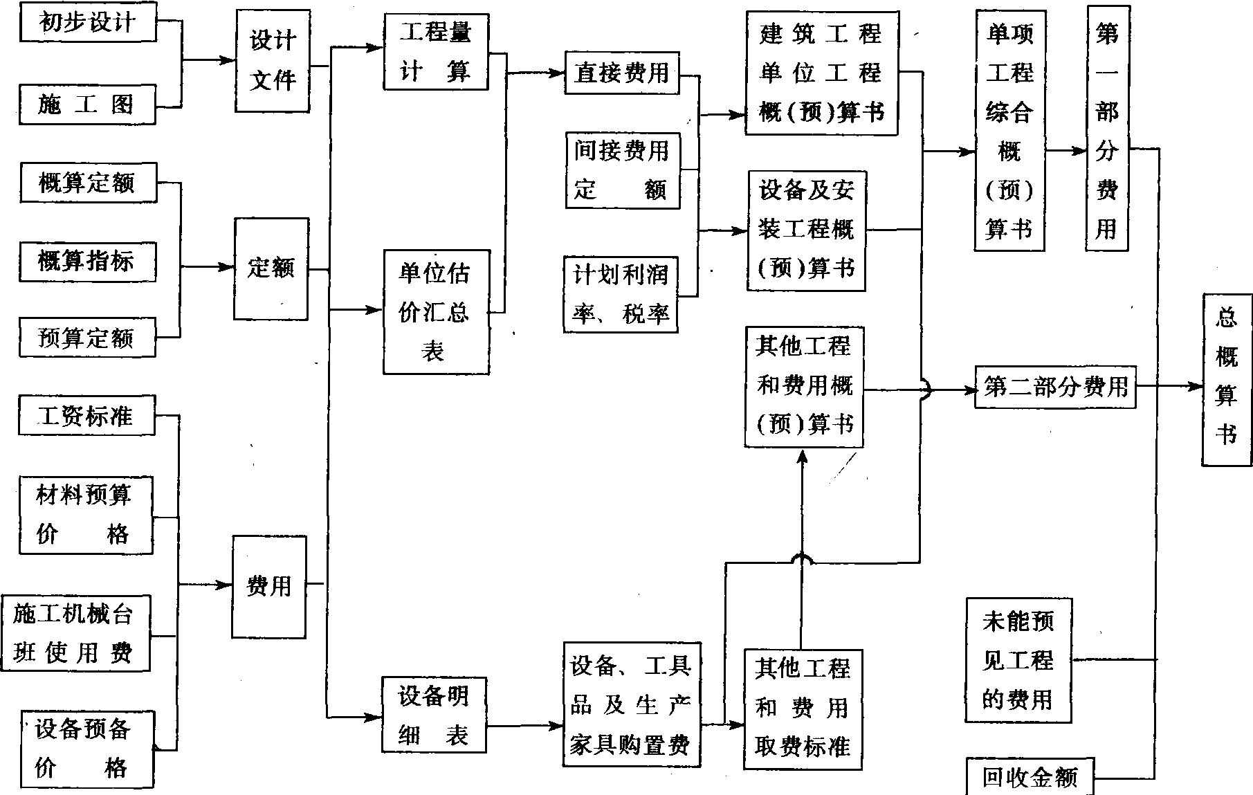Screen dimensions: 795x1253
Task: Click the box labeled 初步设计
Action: [x=87, y=23]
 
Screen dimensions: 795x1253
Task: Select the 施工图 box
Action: [x=87, y=104]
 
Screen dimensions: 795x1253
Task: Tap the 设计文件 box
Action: [x=272, y=61]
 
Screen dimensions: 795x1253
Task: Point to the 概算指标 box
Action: [x=87, y=262]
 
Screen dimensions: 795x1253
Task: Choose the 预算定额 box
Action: [x=87, y=338]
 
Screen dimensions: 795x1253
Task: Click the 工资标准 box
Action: [x=87, y=416]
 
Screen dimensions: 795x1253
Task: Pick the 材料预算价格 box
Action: [x=85, y=515]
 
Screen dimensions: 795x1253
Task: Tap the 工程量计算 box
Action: [x=436, y=52]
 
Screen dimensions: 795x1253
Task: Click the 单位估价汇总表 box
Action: [x=436, y=312]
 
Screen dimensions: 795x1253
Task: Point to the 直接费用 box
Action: [x=621, y=73]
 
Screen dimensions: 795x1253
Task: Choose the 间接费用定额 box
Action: [x=621, y=170]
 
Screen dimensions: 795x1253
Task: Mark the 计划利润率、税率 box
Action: [x=621, y=295]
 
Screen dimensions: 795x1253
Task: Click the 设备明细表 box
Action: [x=434, y=715]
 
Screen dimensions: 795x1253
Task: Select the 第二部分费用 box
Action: [x=1055, y=387]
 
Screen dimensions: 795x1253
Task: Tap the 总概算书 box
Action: [x=1227, y=379]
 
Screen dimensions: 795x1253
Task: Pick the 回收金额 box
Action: [x=1030, y=778]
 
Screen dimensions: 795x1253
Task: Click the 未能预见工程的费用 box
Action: [x=1018, y=661]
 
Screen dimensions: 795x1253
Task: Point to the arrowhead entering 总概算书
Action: [x=1196, y=387]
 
